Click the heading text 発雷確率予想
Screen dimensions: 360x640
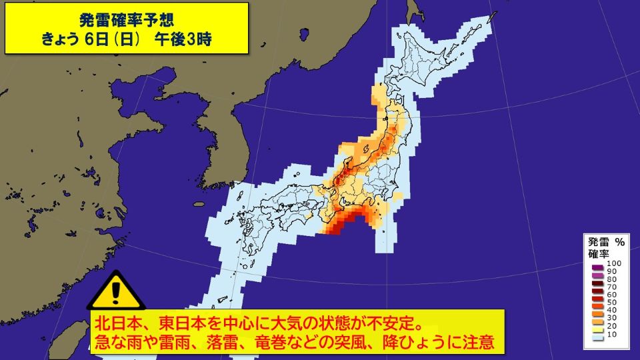pos(127,17)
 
